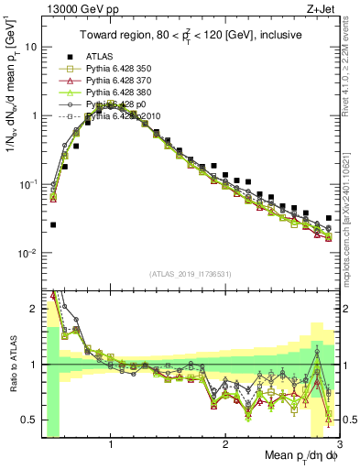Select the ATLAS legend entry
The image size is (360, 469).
[x=111, y=57]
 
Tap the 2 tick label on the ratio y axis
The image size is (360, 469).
[x=33, y=309]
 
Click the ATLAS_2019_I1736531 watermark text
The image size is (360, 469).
[x=190, y=274]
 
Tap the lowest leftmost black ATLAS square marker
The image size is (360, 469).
[x=53, y=224]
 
